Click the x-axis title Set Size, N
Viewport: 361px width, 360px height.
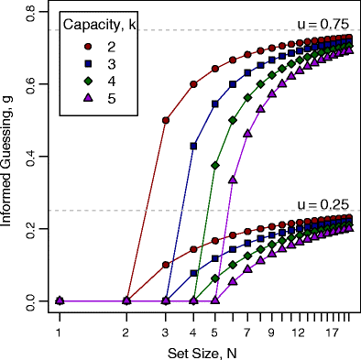click(203, 352)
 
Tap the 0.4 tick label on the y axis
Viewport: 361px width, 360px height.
click(31, 157)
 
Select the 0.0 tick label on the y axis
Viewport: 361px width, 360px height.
click(31, 300)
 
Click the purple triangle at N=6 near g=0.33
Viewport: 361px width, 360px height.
click(232, 180)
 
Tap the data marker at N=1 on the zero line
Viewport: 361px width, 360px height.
click(59, 300)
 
